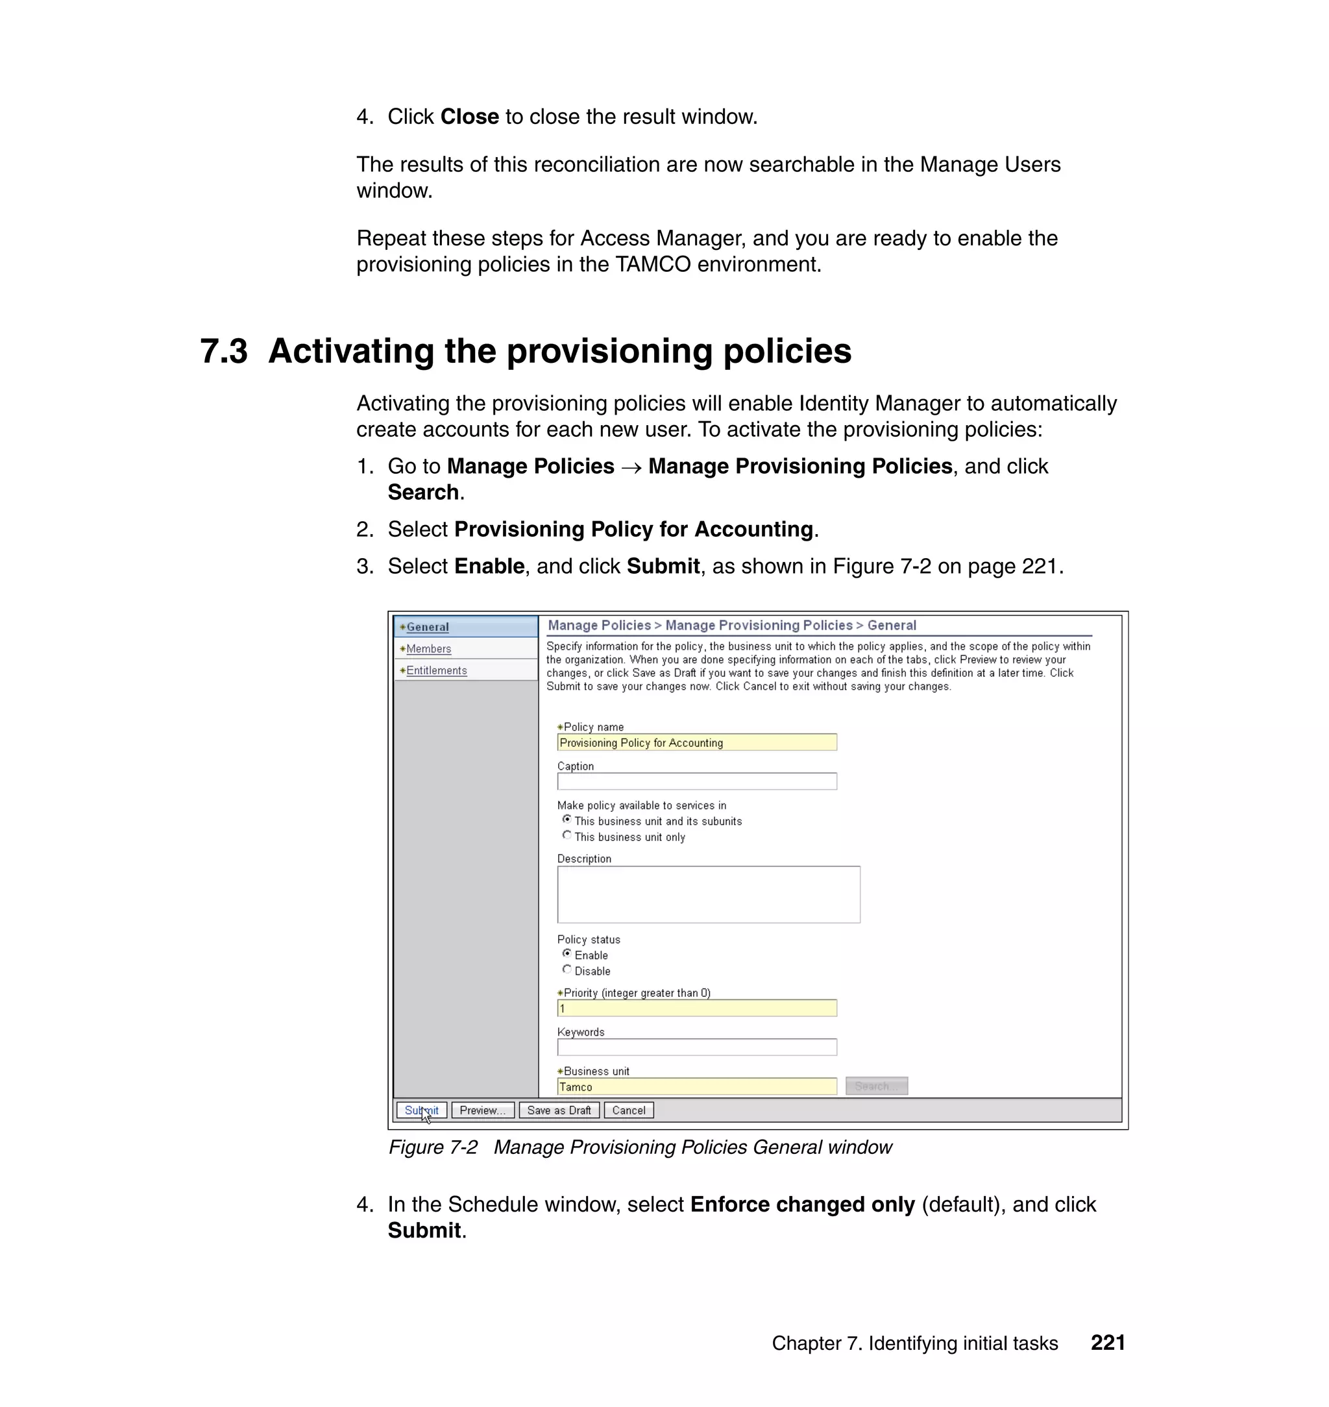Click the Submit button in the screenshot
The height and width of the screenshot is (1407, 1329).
(x=422, y=1110)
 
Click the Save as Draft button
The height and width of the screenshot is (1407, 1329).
(x=559, y=1110)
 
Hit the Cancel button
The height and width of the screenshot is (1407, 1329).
(x=628, y=1110)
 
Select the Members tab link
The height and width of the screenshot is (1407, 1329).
(x=428, y=649)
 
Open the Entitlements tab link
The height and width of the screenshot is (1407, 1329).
(x=436, y=670)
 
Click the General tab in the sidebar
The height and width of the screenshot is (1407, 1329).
(x=427, y=627)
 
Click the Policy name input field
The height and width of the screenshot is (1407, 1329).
(x=696, y=742)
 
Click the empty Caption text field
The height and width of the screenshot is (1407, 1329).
(x=696, y=781)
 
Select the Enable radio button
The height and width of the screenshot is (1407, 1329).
(x=567, y=953)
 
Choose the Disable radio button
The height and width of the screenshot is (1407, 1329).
(x=567, y=969)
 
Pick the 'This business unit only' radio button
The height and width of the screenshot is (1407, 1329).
(x=567, y=835)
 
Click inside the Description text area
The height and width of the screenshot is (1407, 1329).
(x=709, y=894)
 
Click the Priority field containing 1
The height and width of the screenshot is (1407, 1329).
(x=696, y=1008)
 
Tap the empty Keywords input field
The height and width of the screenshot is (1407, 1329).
(x=696, y=1047)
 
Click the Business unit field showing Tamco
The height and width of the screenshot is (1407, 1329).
(x=696, y=1087)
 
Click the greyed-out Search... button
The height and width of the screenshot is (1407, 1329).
(x=876, y=1086)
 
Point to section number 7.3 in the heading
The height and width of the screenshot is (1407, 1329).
(x=224, y=351)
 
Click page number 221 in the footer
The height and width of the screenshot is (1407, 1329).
(x=1108, y=1343)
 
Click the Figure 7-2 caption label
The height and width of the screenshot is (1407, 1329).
(x=433, y=1147)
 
